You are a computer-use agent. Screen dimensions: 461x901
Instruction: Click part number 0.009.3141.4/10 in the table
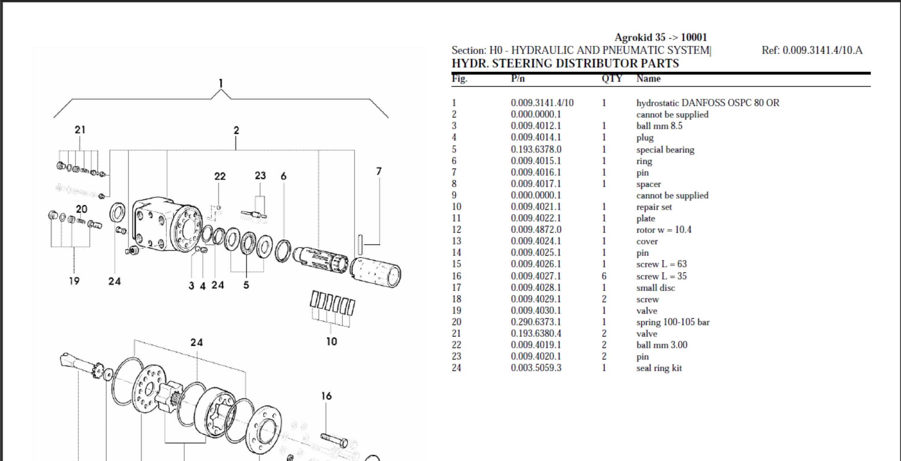[542, 103]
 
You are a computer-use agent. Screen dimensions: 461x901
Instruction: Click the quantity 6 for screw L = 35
[604, 276]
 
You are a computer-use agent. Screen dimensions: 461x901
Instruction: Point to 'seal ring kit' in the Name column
[659, 368]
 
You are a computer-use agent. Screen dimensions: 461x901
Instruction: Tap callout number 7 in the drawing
[378, 171]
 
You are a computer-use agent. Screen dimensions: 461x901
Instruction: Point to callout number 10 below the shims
[331, 341]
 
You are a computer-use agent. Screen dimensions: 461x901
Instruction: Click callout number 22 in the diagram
[220, 176]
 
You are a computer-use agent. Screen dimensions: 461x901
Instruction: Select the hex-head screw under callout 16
[334, 440]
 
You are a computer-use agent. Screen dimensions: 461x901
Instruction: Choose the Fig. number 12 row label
[456, 230]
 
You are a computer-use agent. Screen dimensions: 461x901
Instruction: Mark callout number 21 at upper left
[80, 130]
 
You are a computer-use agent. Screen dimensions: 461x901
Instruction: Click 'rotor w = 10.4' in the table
[663, 230]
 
